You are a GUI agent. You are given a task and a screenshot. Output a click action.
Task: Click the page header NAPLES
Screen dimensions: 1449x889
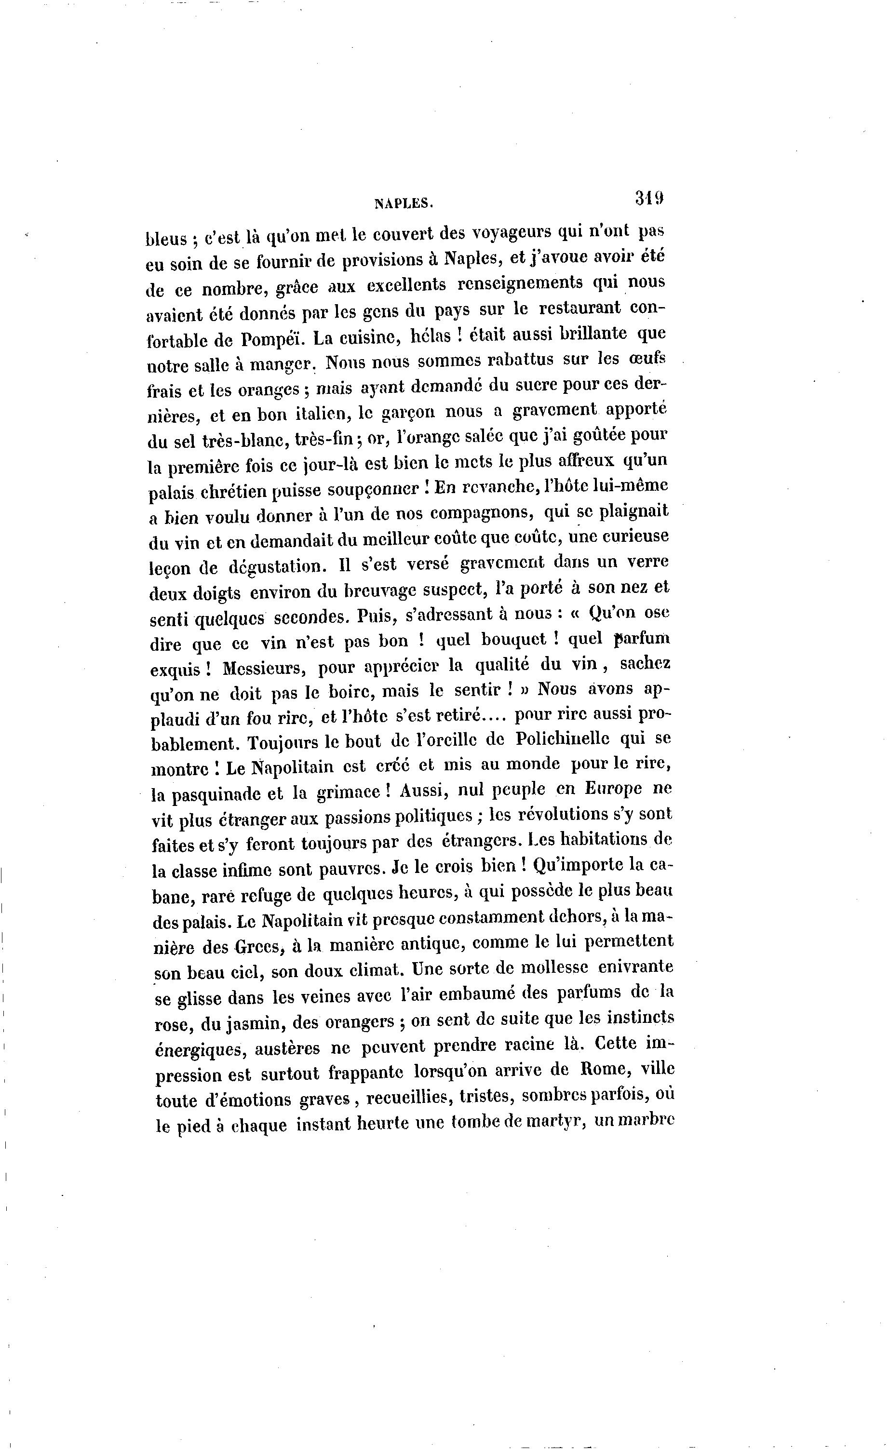pos(404,203)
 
